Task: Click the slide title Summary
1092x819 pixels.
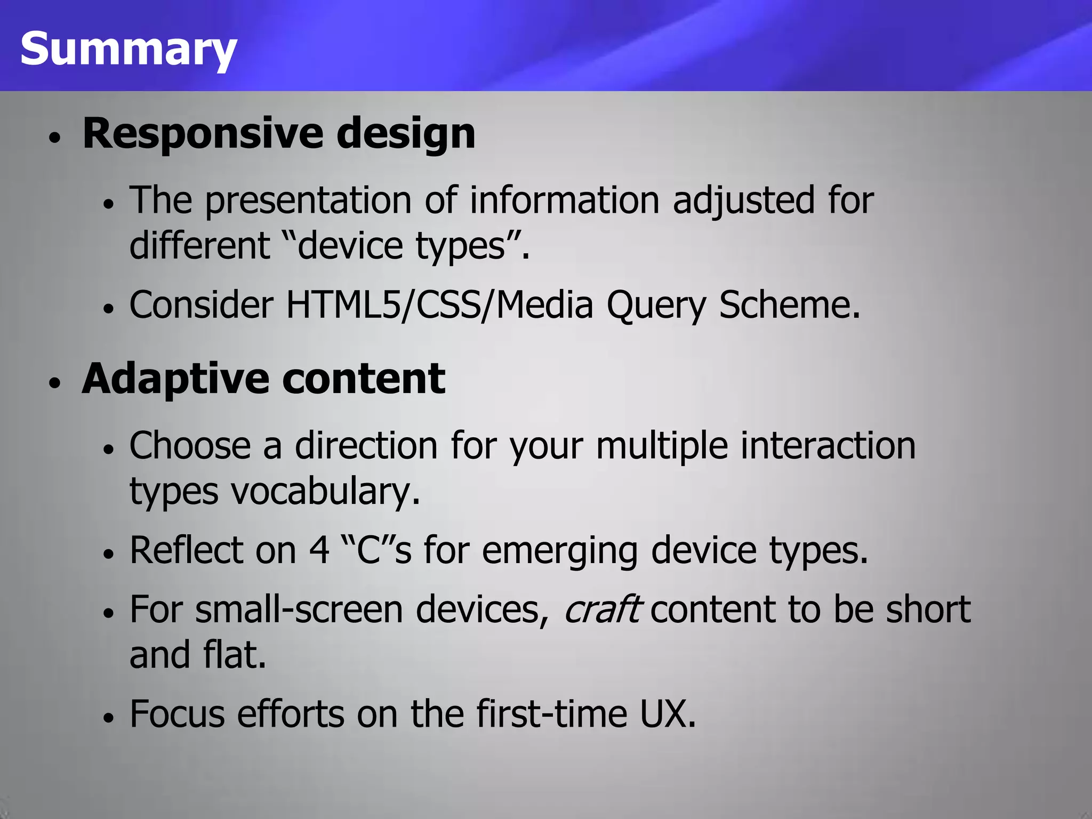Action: click(x=128, y=49)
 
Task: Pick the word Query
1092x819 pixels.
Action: click(x=656, y=306)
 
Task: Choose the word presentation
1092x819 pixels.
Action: click(x=308, y=200)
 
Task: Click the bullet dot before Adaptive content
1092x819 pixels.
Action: click(x=55, y=383)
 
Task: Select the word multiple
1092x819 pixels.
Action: click(x=661, y=446)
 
